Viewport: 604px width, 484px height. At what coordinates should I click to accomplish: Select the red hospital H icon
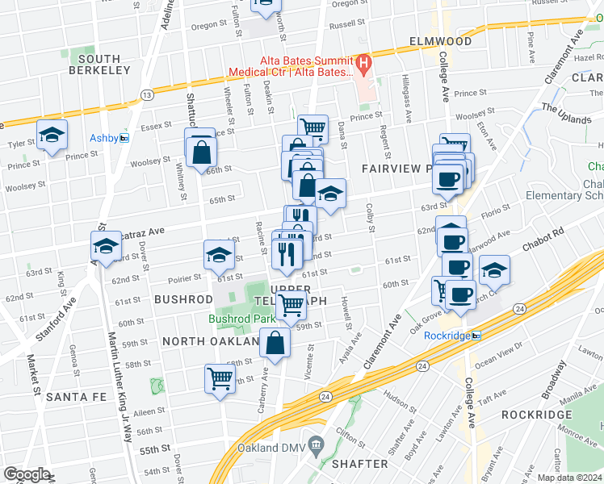tap(363, 62)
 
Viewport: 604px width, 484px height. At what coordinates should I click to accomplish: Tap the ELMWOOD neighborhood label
tap(440, 41)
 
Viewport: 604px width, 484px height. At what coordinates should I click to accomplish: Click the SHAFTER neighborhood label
tap(360, 464)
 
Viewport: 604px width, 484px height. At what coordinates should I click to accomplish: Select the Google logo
tap(26, 474)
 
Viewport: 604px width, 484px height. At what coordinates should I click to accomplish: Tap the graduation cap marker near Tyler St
tap(52, 135)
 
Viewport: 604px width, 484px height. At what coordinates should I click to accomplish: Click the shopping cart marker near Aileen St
tap(220, 377)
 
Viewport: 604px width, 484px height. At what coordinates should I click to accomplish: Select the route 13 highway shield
tap(147, 95)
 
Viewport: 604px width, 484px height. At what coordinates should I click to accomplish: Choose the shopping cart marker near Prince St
tap(312, 127)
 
